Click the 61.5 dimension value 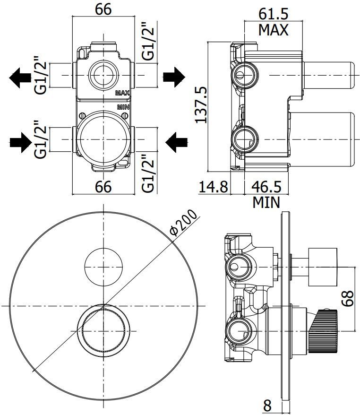274,13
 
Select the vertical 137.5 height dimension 202,105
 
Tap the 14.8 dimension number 213,187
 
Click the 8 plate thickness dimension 268,405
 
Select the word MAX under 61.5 273,30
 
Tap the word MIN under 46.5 266,202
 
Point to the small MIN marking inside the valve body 123,107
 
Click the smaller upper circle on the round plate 103,267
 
